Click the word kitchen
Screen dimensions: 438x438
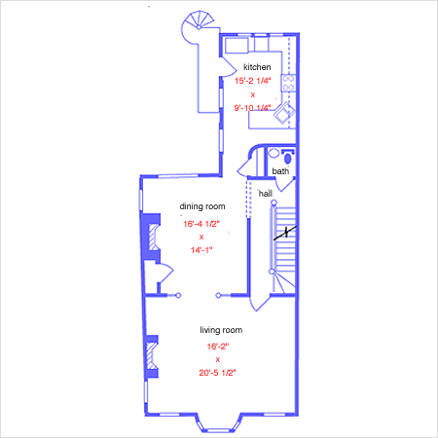point(257,67)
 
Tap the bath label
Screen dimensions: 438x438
point(280,171)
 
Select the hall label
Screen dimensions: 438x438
point(266,194)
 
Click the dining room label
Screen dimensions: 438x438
point(202,206)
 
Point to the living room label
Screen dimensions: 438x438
point(221,330)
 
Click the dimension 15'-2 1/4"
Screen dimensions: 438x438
point(253,81)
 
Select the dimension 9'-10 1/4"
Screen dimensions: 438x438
point(252,108)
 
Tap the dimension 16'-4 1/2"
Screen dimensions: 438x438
point(201,224)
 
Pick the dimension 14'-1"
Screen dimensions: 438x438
point(201,250)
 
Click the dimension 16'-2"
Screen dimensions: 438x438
point(218,347)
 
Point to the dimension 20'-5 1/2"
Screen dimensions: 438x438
point(217,373)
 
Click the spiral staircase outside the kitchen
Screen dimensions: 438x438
point(198,27)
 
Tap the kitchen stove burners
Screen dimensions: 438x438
point(288,83)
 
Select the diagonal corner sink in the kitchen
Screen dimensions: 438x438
point(284,113)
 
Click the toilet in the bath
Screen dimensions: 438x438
point(288,158)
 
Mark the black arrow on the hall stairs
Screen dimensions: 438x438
point(285,233)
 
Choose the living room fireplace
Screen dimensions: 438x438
point(152,356)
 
